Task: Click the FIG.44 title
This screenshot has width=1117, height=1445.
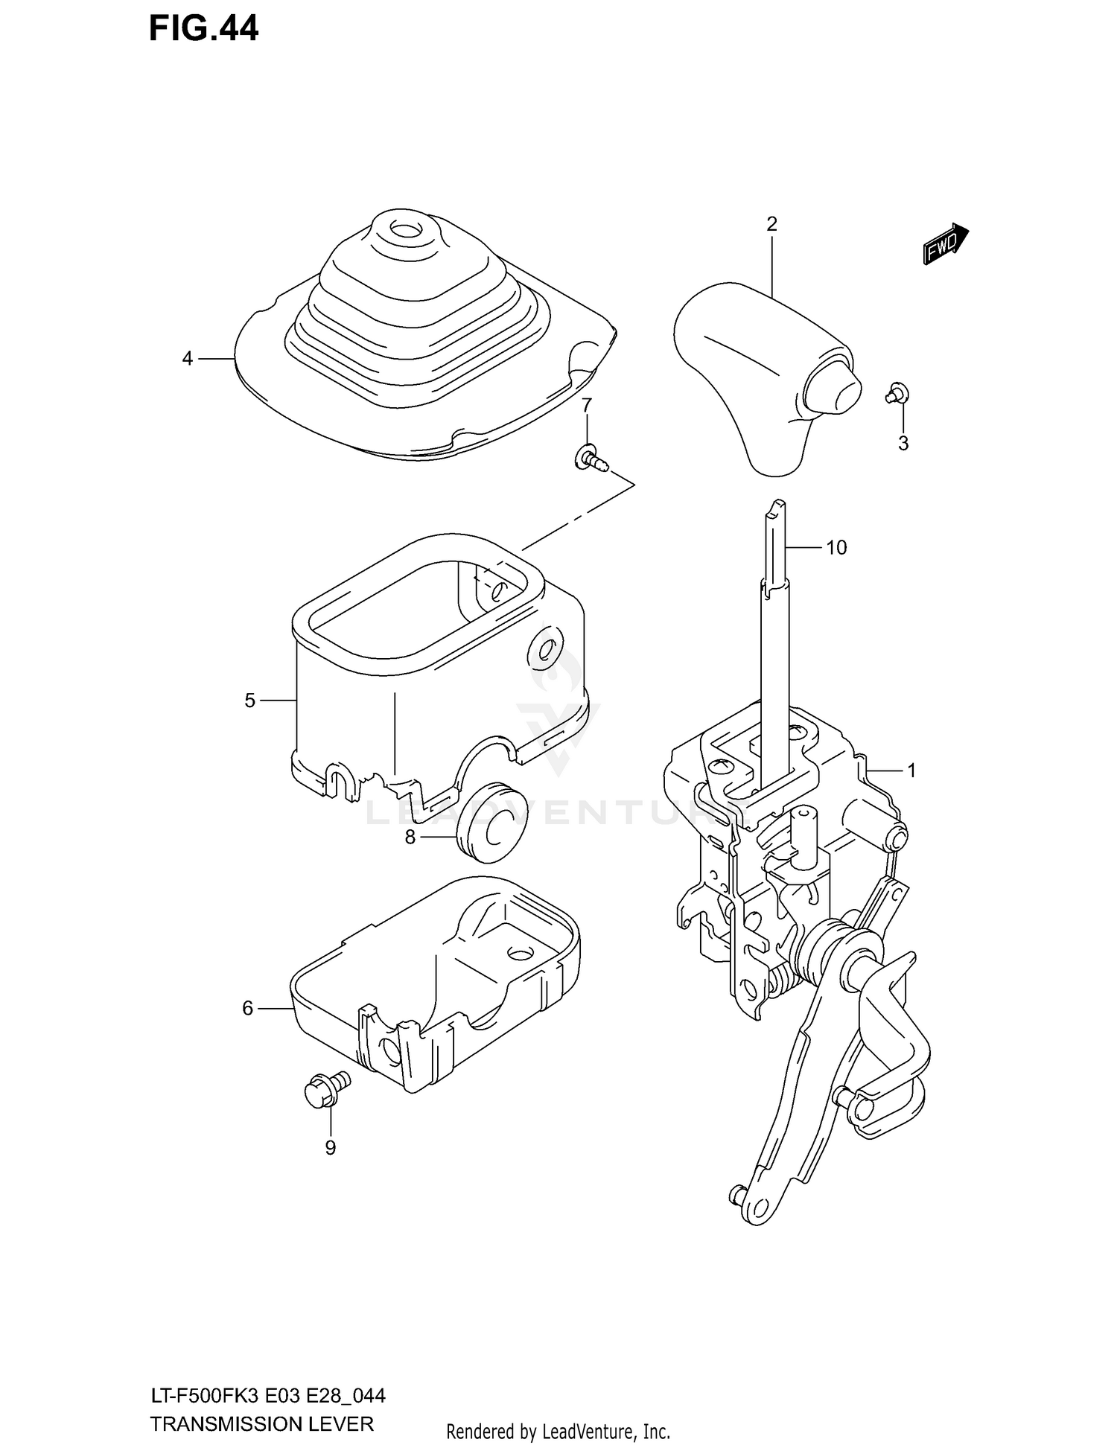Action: tap(203, 28)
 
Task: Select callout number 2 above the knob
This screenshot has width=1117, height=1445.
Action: tap(771, 223)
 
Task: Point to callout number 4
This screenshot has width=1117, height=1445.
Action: tap(188, 359)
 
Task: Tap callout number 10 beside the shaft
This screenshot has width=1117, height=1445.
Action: tap(836, 547)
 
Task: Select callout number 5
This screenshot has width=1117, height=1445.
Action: tap(249, 700)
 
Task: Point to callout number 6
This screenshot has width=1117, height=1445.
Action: tap(248, 1008)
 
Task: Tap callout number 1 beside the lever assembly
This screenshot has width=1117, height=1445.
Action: tap(911, 771)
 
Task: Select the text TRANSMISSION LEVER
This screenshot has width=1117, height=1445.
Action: tap(261, 1425)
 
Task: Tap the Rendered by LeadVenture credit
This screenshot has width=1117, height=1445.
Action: tap(558, 1431)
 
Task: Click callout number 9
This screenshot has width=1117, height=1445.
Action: tap(331, 1148)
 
